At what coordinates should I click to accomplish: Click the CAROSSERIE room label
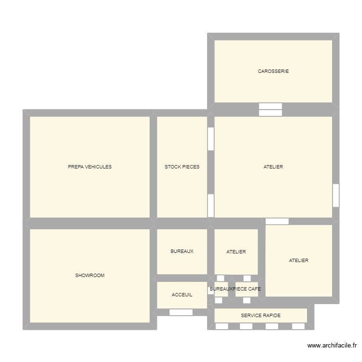coord(273,71)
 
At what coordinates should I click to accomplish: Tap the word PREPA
coord(76,167)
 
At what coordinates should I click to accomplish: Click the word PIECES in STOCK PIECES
coord(191,167)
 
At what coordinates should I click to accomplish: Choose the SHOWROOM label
coord(90,276)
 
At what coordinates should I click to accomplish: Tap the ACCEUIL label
coord(182,294)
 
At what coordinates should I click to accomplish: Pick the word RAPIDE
coord(272,316)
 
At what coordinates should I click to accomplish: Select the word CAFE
coord(254,289)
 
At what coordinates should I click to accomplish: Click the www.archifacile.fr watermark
coord(332,346)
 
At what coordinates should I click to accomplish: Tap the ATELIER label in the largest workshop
coord(273,167)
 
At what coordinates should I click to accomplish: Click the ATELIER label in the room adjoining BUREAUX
coord(236,252)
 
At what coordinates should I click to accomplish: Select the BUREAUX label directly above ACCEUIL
coord(182,251)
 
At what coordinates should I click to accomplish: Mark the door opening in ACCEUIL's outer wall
coord(181,312)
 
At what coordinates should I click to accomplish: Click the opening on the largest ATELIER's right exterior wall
coord(336,195)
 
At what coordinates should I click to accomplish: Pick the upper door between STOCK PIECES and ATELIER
coord(211,139)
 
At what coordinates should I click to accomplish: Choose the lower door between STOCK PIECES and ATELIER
coord(211,206)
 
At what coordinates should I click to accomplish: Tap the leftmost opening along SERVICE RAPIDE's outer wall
coord(222,326)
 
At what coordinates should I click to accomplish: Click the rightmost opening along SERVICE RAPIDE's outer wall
coord(298,326)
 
